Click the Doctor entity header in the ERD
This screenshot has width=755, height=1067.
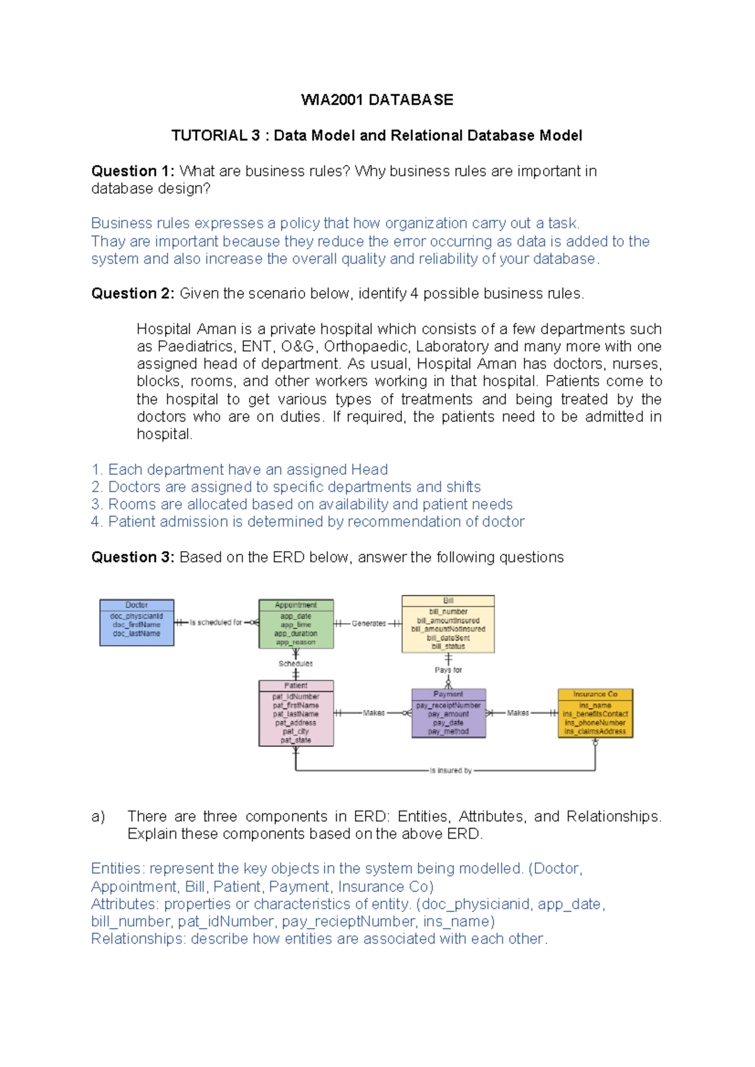coord(137,605)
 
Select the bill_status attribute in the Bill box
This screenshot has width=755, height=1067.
coord(448,646)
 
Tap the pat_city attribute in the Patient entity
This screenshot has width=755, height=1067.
coord(296,732)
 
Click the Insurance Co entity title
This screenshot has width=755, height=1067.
coord(595,694)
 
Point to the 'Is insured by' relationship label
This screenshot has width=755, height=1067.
coord(450,770)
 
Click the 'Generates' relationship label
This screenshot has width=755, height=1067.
coord(369,623)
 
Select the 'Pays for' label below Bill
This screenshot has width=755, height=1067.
coord(448,670)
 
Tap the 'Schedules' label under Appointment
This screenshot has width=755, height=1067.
coord(296,664)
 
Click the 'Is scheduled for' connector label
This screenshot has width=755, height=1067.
coord(216,622)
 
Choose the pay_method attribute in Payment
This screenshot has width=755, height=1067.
coord(448,732)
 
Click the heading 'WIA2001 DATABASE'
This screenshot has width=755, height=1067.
coord(377,100)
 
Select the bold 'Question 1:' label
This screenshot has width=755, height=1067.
coord(133,171)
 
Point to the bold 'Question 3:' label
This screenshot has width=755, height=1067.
coord(133,557)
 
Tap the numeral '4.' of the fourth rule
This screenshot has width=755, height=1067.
coord(96,522)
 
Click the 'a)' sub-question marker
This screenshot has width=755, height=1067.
coord(98,817)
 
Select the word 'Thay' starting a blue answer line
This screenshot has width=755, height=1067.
coord(108,242)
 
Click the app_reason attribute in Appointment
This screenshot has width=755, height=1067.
coord(296,642)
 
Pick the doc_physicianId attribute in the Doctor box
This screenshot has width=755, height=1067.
coord(137,616)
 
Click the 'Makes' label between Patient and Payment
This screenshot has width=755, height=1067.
coord(374,713)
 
